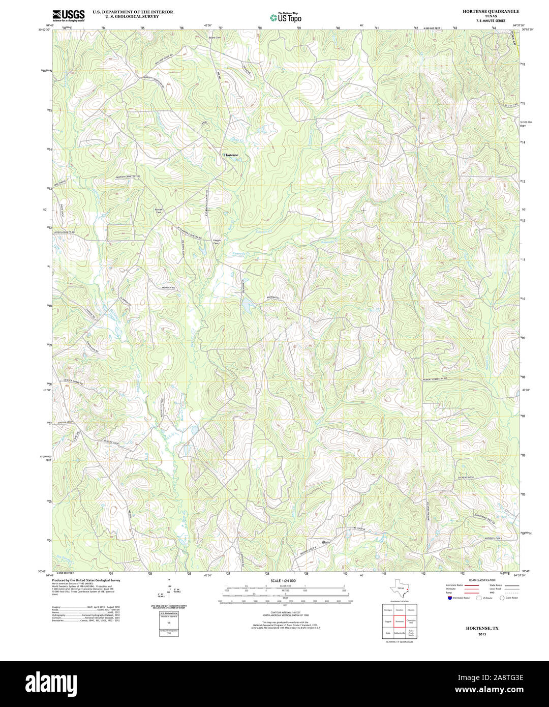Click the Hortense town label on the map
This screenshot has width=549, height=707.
pos(231,155)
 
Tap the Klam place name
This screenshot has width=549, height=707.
pos(325,542)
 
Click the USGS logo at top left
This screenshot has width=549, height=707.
pos(69,16)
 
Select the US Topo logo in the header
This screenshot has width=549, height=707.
pos(286,17)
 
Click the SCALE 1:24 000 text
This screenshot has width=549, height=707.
pos(283,580)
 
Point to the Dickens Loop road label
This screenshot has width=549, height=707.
pos(465,478)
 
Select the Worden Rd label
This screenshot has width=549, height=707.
pos(168,288)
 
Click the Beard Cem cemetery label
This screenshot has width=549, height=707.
pos(215,38)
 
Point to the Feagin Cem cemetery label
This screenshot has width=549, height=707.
pos(216,242)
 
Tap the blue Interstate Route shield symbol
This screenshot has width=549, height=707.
pos(448,598)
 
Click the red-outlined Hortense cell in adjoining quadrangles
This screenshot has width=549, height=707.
pos(400,622)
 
